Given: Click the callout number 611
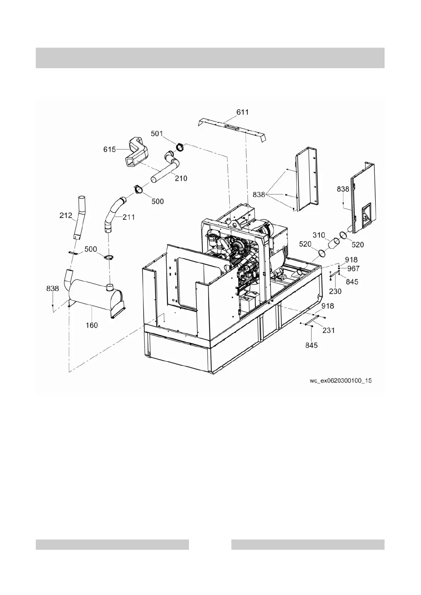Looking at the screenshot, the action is tap(242, 112).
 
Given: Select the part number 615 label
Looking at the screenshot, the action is tap(109, 149).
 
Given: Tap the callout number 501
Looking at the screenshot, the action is tap(157, 134).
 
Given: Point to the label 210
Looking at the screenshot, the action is tap(181, 178).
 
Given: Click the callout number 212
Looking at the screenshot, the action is tap(66, 215).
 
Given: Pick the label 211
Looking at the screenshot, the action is tap(129, 217).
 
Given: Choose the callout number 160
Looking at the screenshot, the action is tap(92, 325).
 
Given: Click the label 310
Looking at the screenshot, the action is tap(318, 235).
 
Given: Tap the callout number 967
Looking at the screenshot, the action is tap(353, 269).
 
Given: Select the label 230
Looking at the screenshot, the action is tap(335, 291).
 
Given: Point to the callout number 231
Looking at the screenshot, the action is tap(328, 330).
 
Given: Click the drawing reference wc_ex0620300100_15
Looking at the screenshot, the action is tap(341, 381).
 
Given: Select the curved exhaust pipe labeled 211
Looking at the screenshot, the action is tap(112, 214).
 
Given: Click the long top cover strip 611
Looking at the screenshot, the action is tap(232, 129).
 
